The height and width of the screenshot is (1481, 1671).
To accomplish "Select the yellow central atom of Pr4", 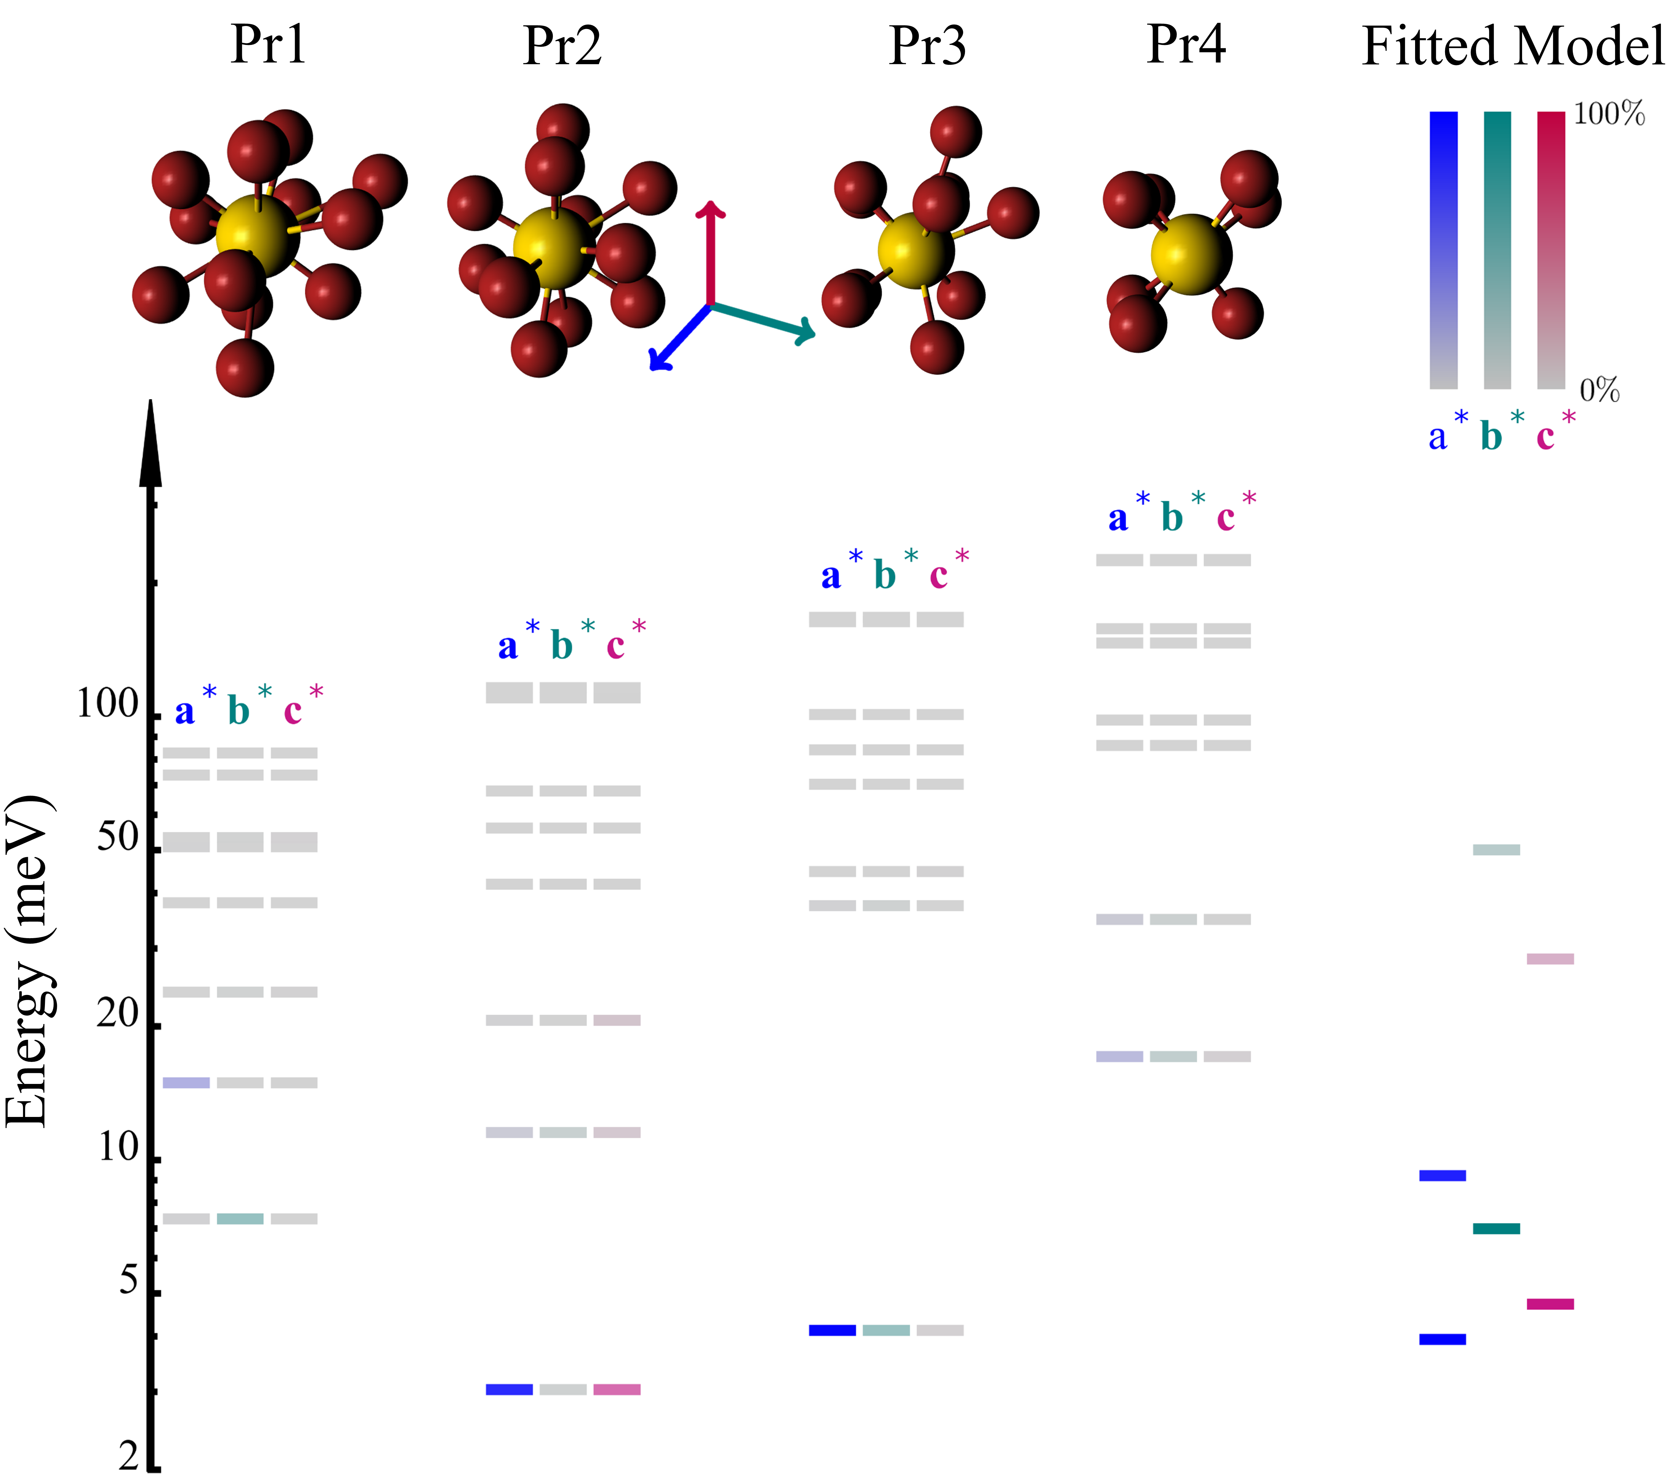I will click(x=1190, y=254).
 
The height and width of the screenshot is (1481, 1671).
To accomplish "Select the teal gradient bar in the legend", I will click(x=1497, y=249).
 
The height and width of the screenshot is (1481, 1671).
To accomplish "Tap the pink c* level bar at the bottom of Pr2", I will click(x=616, y=1390).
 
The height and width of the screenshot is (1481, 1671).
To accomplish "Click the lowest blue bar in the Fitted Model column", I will click(x=1442, y=1339).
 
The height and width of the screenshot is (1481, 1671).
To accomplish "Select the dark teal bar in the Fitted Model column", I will click(x=1496, y=1229).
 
